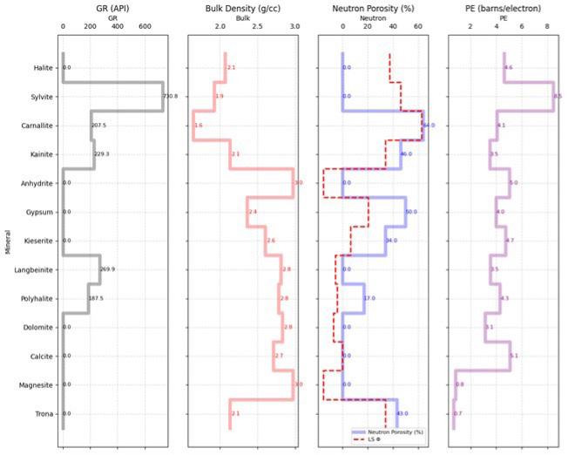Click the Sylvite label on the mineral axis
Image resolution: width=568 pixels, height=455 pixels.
pyautogui.click(x=38, y=97)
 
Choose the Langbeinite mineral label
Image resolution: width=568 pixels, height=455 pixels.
pyautogui.click(x=33, y=269)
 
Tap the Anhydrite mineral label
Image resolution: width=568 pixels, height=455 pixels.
pyautogui.click(x=35, y=183)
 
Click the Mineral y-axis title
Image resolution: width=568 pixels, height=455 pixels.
pyautogui.click(x=8, y=241)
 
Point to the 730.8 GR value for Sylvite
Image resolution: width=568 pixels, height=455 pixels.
pyautogui.click(x=170, y=97)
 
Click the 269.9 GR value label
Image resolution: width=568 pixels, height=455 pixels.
pyautogui.click(x=107, y=269)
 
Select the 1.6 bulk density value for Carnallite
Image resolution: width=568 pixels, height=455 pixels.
pyautogui.click(x=199, y=126)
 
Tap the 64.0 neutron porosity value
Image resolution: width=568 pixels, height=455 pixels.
pyautogui.click(x=429, y=126)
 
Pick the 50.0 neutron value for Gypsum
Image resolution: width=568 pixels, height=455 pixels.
pyautogui.click(x=411, y=212)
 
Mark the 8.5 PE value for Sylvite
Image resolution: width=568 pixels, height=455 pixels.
pyautogui.click(x=558, y=97)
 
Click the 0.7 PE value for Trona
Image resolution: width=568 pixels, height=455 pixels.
pyautogui.click(x=458, y=413)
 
